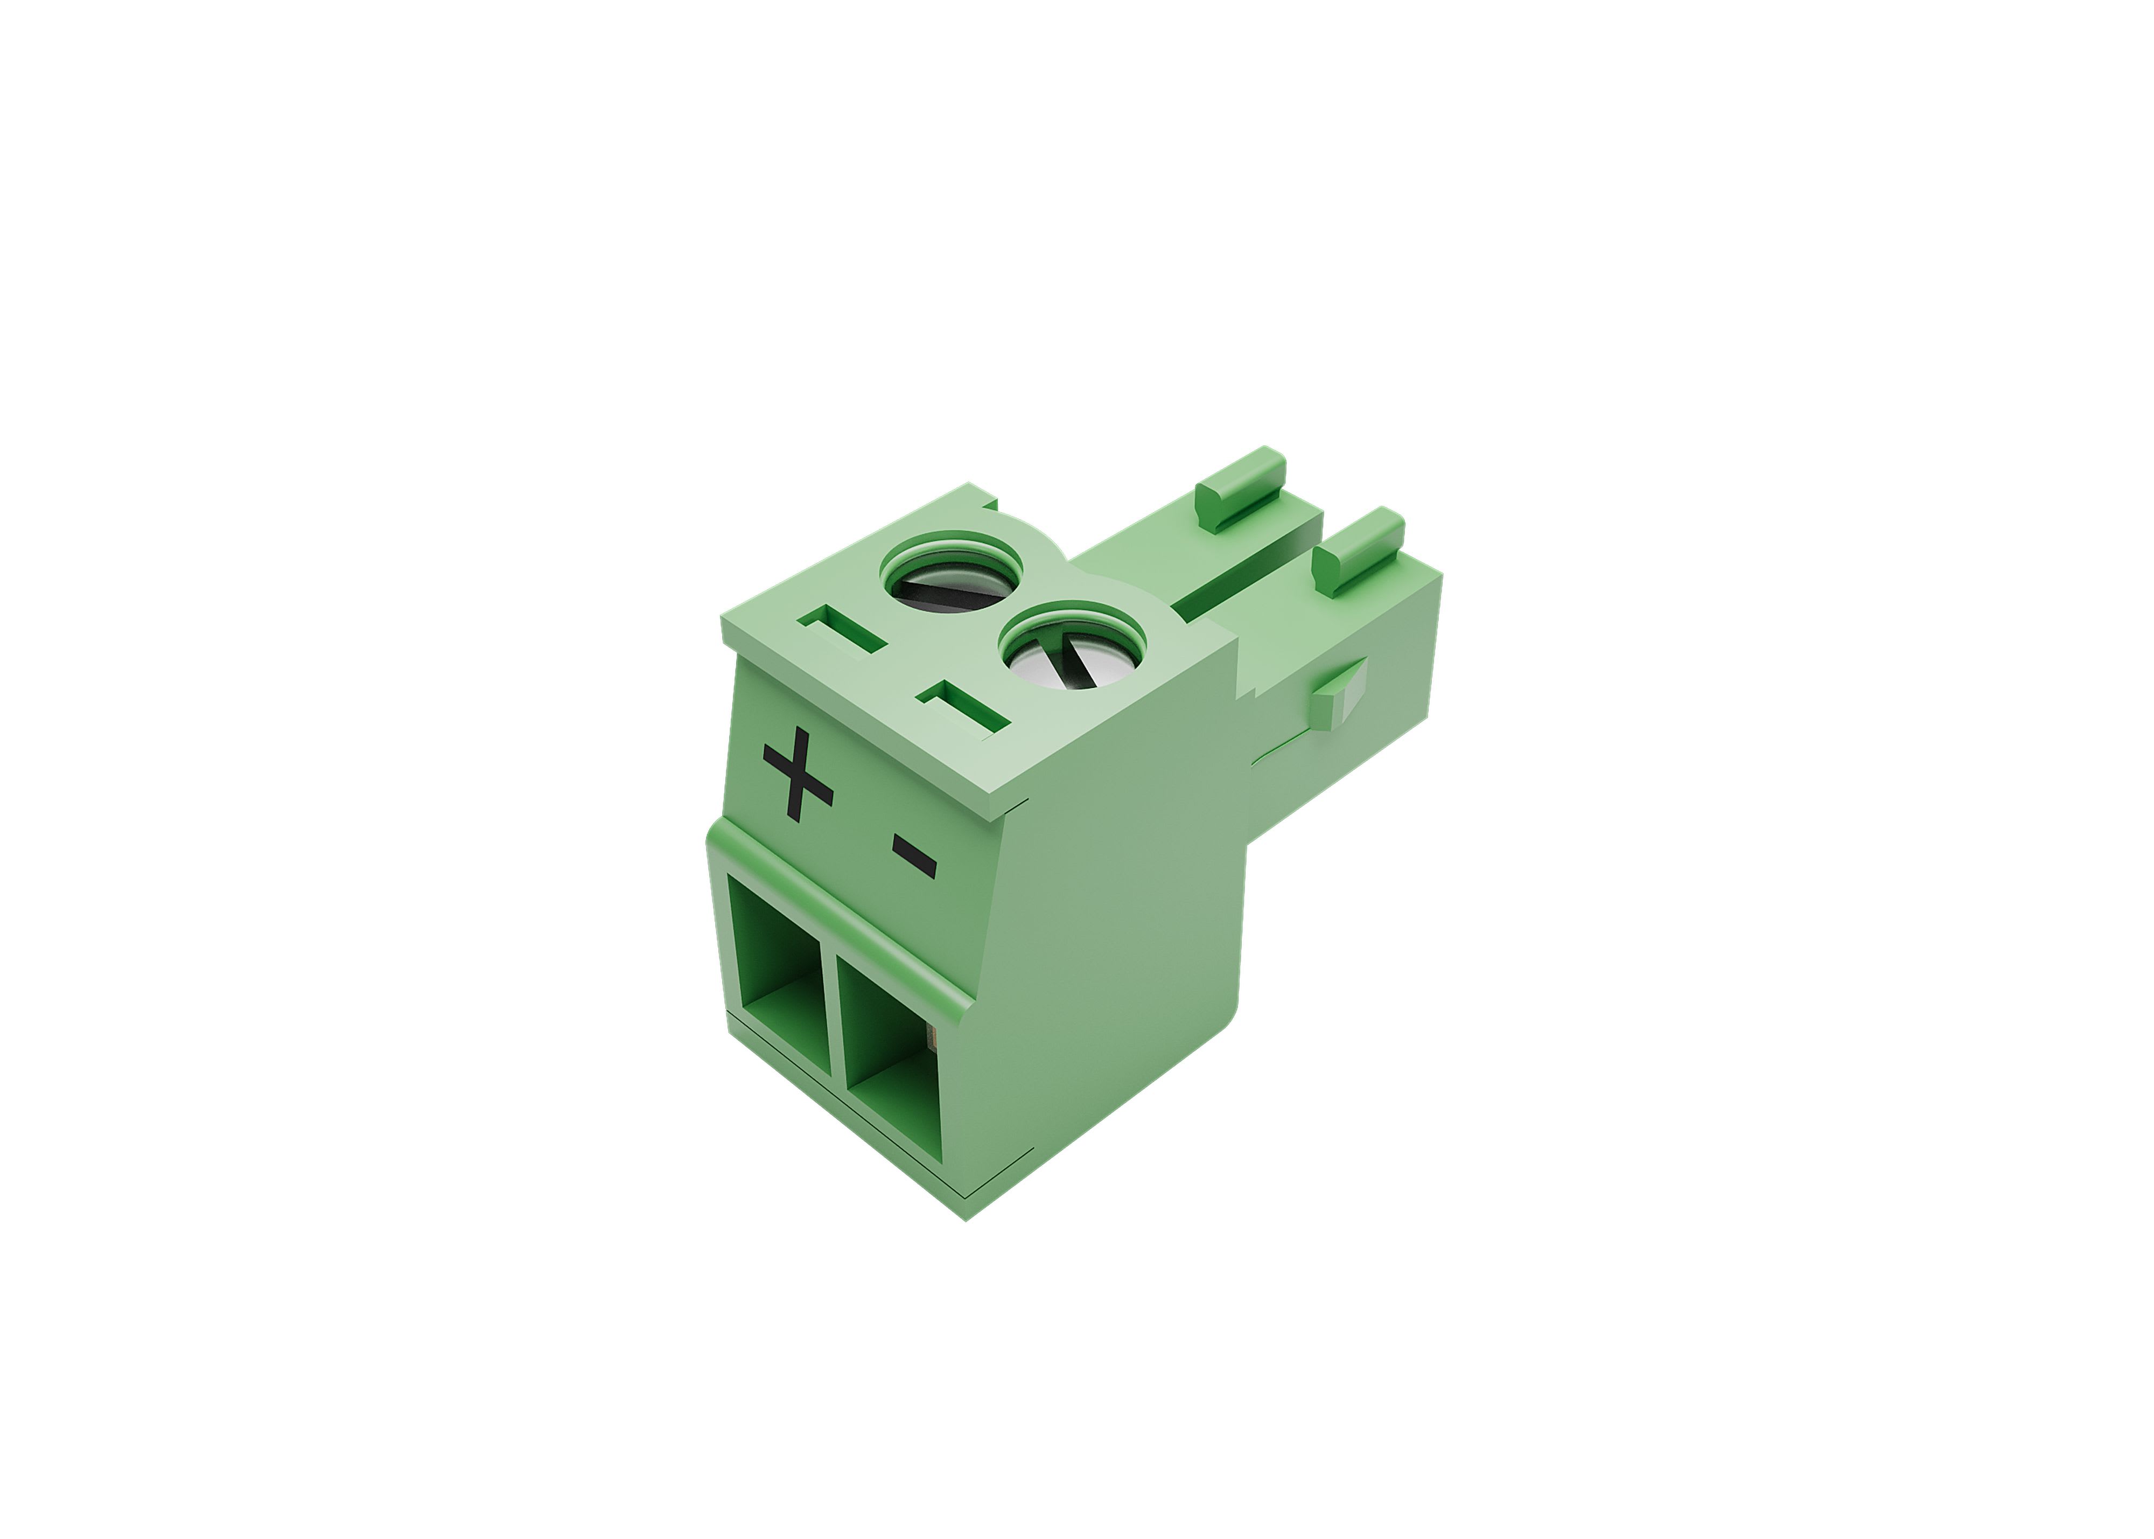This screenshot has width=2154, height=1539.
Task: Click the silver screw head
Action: tap(1071, 659)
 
